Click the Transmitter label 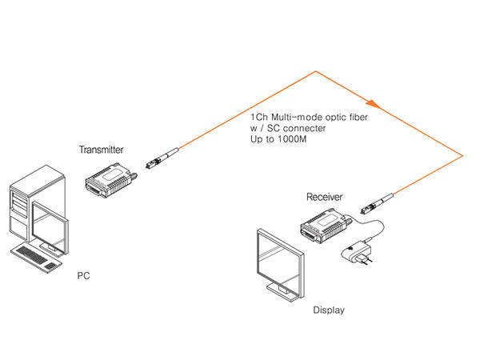tap(101, 150)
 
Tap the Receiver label tap(325, 196)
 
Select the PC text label tap(83, 276)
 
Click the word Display tap(328, 310)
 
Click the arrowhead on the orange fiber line tap(371, 102)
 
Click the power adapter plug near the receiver tap(358, 254)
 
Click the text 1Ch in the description tap(260, 118)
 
